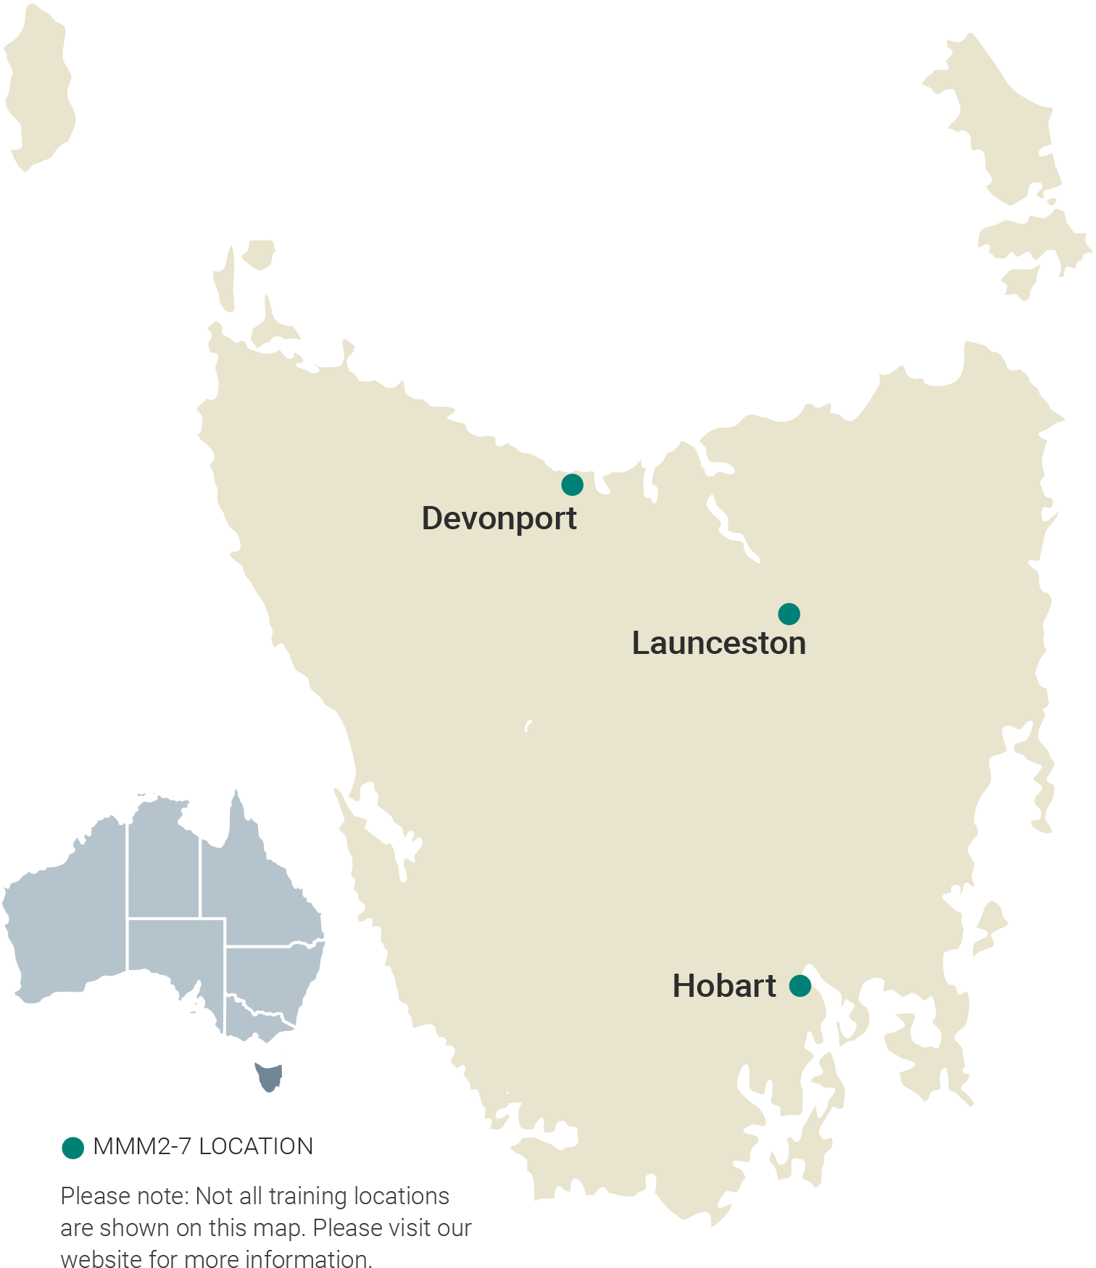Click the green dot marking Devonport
572,484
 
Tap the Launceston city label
718,643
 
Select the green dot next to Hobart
800,985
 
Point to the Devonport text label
499,518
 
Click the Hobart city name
723,986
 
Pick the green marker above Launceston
789,613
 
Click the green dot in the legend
72,1148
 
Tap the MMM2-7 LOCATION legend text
203,1146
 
